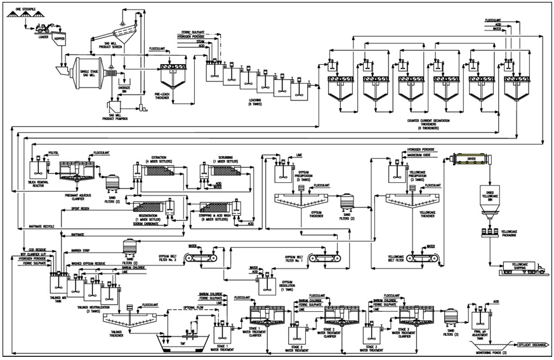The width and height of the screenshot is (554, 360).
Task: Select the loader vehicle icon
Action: [44, 28]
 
